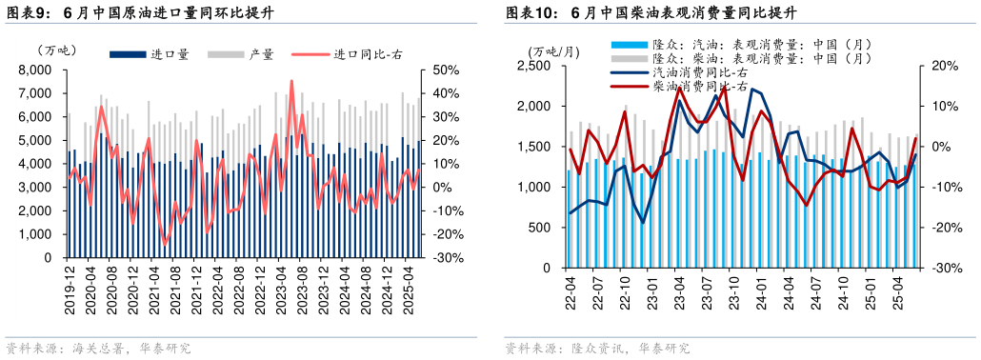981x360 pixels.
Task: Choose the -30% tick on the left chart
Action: point(449,258)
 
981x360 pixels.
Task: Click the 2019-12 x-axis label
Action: point(70,287)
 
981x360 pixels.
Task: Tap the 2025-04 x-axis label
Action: point(408,287)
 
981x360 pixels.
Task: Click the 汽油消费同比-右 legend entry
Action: point(699,72)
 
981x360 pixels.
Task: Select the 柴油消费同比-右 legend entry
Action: point(699,87)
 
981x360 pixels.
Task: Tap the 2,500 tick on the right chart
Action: point(533,66)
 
